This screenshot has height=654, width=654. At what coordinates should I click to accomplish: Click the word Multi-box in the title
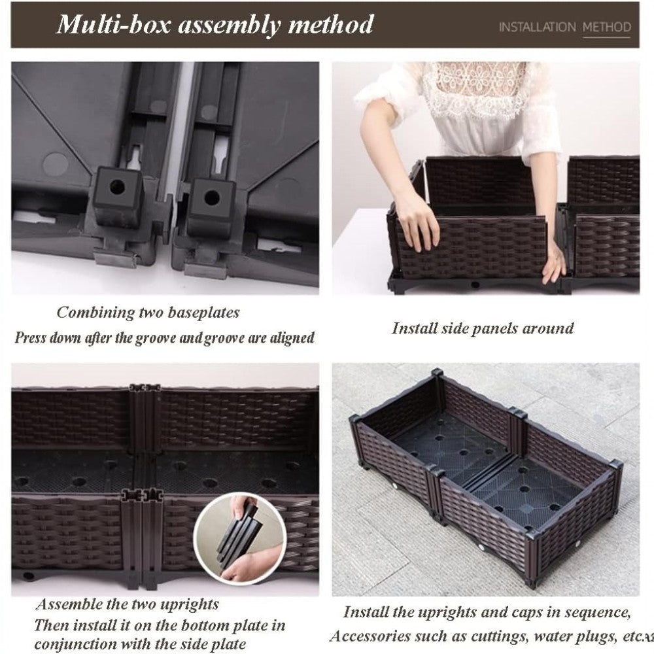point(114,25)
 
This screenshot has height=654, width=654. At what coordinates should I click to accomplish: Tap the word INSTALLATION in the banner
point(537,27)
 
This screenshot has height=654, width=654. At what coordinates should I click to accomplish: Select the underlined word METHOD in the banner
point(606,27)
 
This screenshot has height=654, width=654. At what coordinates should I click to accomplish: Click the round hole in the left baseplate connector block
point(117,186)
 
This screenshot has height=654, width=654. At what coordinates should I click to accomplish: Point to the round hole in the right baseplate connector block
point(212,198)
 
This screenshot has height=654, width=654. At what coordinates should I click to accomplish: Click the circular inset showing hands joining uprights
point(240,538)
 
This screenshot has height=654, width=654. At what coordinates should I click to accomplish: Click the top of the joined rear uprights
point(145,388)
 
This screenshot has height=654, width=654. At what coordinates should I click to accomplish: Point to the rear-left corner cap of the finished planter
point(437,372)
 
